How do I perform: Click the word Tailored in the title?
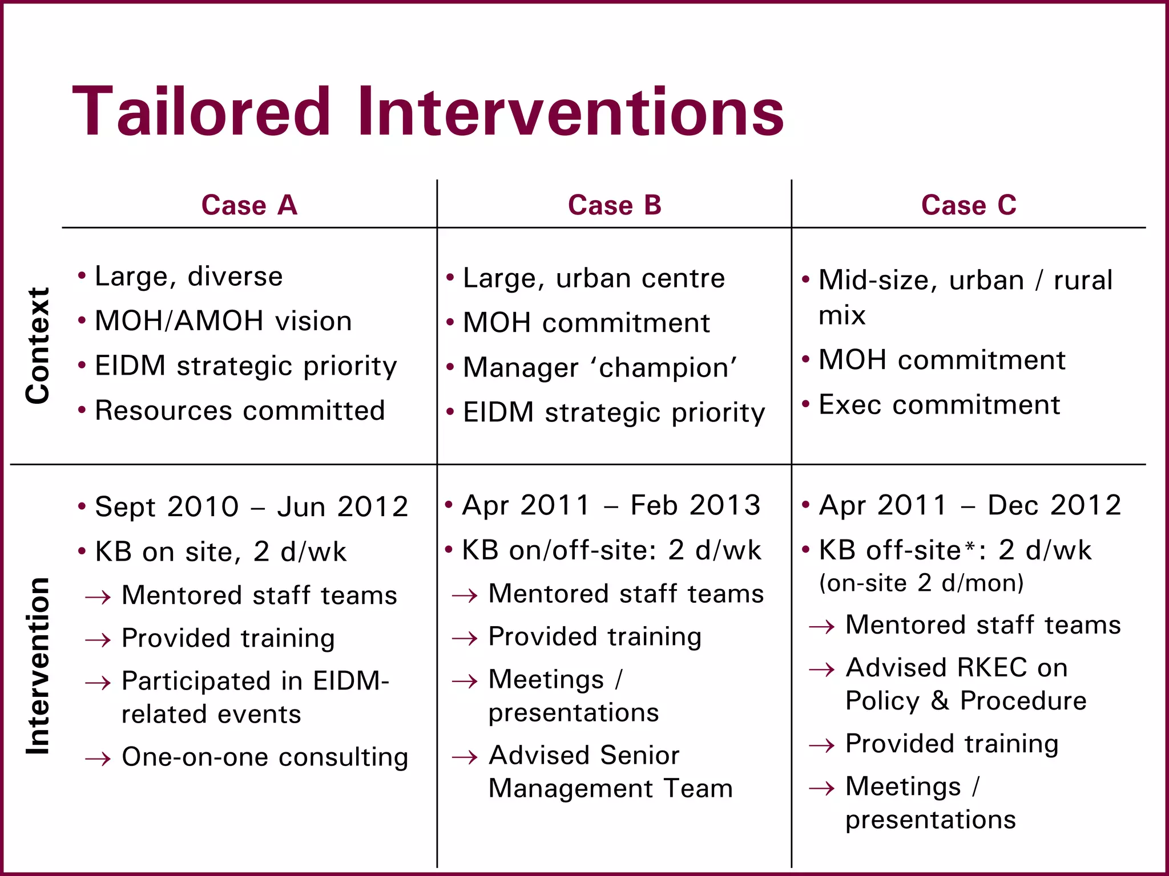tap(201, 112)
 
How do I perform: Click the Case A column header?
tap(249, 205)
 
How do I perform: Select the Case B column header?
tap(615, 205)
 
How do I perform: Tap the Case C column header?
tap(969, 205)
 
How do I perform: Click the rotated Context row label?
tap(38, 346)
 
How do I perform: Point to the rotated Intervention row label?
tap(38, 666)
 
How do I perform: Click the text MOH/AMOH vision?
tap(223, 321)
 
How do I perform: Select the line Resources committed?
tap(240, 411)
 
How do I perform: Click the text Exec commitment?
tap(939, 405)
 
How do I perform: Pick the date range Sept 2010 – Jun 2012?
tap(251, 506)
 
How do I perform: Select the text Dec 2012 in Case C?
tap(1054, 505)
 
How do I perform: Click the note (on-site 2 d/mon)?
tap(921, 583)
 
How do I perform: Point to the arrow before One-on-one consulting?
tap(98, 759)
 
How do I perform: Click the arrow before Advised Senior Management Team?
tap(464, 757)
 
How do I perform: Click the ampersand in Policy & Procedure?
tap(940, 701)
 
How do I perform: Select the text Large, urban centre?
tap(594, 278)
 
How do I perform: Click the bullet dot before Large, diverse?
tap(82, 276)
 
